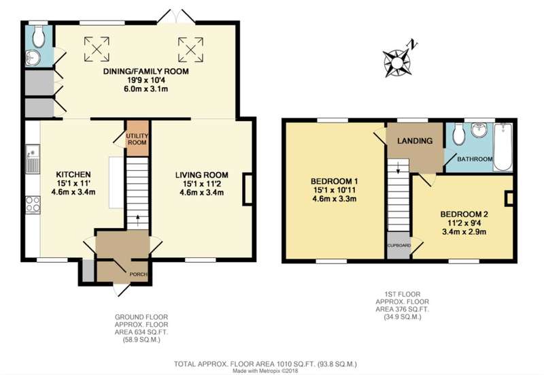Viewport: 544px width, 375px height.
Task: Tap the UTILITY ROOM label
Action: click(x=137, y=139)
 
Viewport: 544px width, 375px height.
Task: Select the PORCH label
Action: click(x=139, y=274)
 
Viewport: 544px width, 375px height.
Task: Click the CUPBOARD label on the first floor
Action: click(x=399, y=246)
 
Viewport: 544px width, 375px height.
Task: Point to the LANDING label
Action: click(x=415, y=141)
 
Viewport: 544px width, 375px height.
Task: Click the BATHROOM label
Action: click(x=475, y=159)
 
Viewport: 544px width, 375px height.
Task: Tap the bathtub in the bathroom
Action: click(x=503, y=146)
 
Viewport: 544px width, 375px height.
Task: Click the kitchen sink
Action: click(x=33, y=159)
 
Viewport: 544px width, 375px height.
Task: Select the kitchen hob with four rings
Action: click(x=33, y=204)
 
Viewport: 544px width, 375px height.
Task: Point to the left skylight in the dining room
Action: click(x=97, y=49)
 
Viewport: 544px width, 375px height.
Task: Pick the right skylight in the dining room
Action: click(x=190, y=50)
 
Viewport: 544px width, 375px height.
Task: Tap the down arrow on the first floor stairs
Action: click(x=398, y=167)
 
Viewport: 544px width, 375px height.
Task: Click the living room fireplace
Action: click(x=248, y=189)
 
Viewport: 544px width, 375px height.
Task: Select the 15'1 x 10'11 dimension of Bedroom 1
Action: click(x=335, y=191)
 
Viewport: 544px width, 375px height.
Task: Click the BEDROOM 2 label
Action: click(x=464, y=214)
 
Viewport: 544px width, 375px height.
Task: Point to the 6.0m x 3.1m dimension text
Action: click(x=146, y=89)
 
